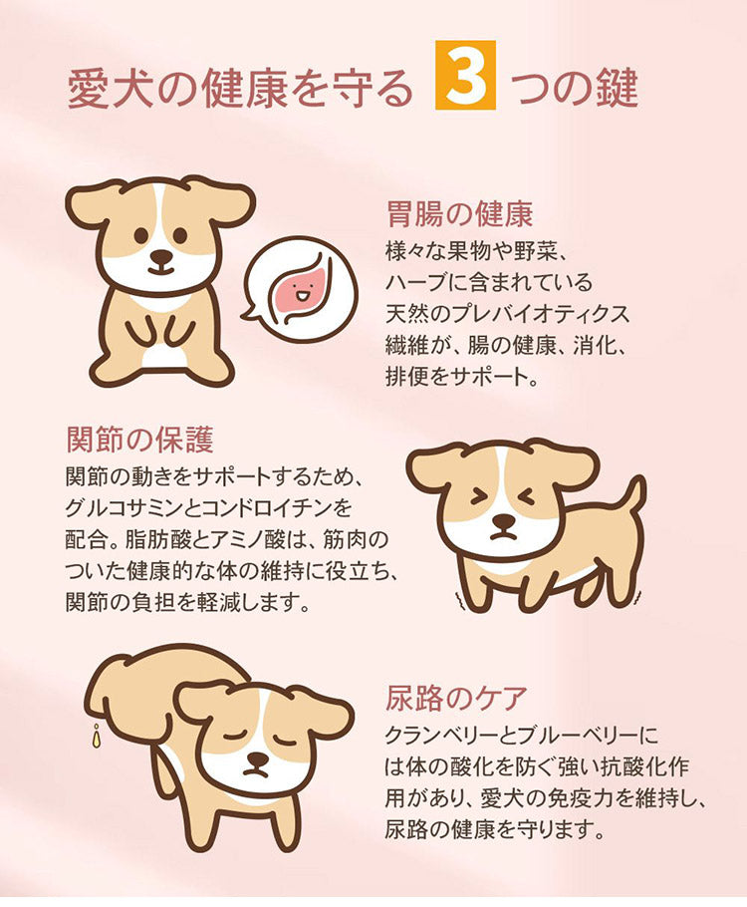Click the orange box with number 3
465,75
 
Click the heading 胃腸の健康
459,214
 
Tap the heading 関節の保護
139,440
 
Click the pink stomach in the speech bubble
303,290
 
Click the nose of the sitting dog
161,256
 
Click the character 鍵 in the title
618,88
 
